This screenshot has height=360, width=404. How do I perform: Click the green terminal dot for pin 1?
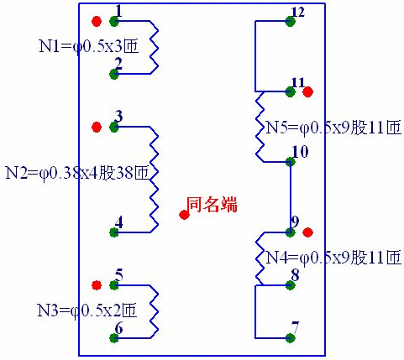click(x=113, y=21)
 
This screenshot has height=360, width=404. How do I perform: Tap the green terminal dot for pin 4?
click(x=113, y=232)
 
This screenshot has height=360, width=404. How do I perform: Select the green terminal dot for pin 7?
click(x=291, y=338)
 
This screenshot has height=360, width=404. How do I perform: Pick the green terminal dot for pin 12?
click(x=291, y=21)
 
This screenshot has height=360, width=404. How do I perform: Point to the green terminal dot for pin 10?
click(x=291, y=162)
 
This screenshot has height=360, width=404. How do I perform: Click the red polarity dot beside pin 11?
click(x=308, y=91)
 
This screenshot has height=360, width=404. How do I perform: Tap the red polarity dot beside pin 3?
click(x=97, y=128)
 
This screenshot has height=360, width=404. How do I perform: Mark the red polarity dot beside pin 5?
click(x=97, y=285)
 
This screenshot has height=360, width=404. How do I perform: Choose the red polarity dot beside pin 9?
click(x=308, y=232)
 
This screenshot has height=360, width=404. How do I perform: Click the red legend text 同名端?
click(x=212, y=205)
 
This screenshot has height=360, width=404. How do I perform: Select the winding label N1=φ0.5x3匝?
click(x=89, y=46)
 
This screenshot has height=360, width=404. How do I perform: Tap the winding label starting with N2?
click(x=77, y=173)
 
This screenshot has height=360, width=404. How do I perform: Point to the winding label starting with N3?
click(x=87, y=310)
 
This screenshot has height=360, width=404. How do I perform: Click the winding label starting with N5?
click(x=333, y=128)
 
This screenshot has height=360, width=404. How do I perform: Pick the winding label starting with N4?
click(x=333, y=258)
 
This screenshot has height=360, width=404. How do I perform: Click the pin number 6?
click(x=119, y=328)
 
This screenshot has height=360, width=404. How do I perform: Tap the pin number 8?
click(x=295, y=275)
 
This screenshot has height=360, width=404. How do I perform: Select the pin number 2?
click(x=119, y=64)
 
